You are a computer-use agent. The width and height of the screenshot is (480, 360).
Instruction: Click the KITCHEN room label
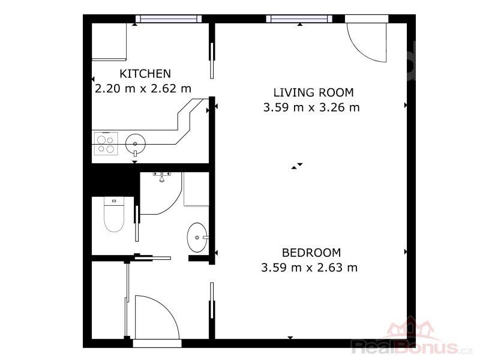[x=145, y=74]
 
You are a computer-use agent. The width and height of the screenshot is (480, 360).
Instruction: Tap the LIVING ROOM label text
[x=313, y=92]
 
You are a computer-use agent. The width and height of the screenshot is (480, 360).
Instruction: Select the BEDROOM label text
[x=311, y=253]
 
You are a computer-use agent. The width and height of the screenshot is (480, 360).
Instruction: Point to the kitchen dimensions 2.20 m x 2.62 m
[x=143, y=89]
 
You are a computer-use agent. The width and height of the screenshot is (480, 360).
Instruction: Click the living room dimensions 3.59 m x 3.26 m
[x=311, y=107]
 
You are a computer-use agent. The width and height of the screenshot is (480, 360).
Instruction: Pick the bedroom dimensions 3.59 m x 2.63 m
[x=309, y=268]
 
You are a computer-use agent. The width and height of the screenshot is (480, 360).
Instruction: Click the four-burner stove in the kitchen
[x=106, y=143]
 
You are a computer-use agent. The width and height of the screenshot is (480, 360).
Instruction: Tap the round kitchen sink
[x=136, y=143]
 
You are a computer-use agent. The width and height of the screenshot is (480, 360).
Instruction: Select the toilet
[x=114, y=214]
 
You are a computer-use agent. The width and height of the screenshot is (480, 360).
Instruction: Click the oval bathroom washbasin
[x=197, y=238]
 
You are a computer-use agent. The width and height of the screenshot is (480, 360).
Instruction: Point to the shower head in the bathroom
[x=161, y=178]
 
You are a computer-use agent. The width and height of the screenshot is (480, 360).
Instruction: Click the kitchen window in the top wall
[x=169, y=19]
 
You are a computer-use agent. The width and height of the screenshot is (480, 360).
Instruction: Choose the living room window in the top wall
[x=299, y=19]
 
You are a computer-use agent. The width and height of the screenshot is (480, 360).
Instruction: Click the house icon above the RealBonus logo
[x=410, y=329]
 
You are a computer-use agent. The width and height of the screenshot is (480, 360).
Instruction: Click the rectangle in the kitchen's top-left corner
[x=109, y=41]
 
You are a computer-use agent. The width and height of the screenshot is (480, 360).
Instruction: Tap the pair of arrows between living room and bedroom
[x=296, y=166]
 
